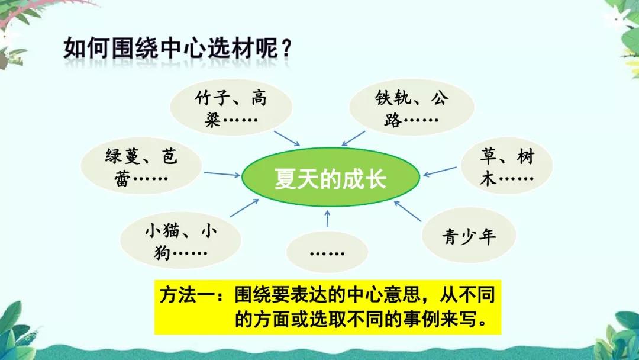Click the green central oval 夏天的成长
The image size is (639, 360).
(330, 178)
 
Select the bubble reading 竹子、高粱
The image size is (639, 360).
(231, 108)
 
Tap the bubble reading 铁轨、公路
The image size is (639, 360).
(412, 108)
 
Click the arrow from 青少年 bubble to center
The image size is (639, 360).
(409, 211)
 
